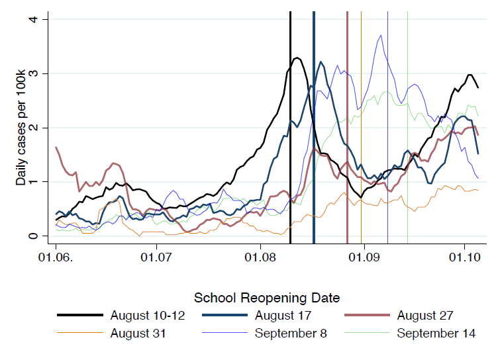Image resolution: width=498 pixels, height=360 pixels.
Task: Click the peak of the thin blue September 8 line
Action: coord(381,35)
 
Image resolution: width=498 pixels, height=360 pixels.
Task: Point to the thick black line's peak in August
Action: coord(297,58)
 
